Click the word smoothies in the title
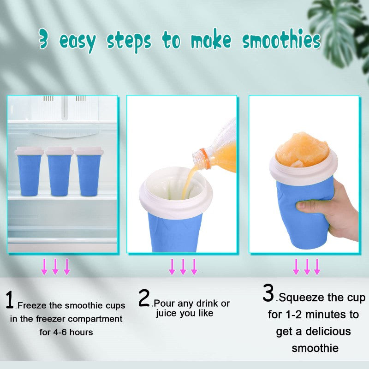(282, 41)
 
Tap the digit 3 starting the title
(44, 41)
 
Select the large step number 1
(10, 300)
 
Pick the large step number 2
(144, 298)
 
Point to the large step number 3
(268, 294)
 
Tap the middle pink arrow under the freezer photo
(55, 267)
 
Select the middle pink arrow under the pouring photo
(183, 267)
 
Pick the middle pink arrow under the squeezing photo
(307, 267)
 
